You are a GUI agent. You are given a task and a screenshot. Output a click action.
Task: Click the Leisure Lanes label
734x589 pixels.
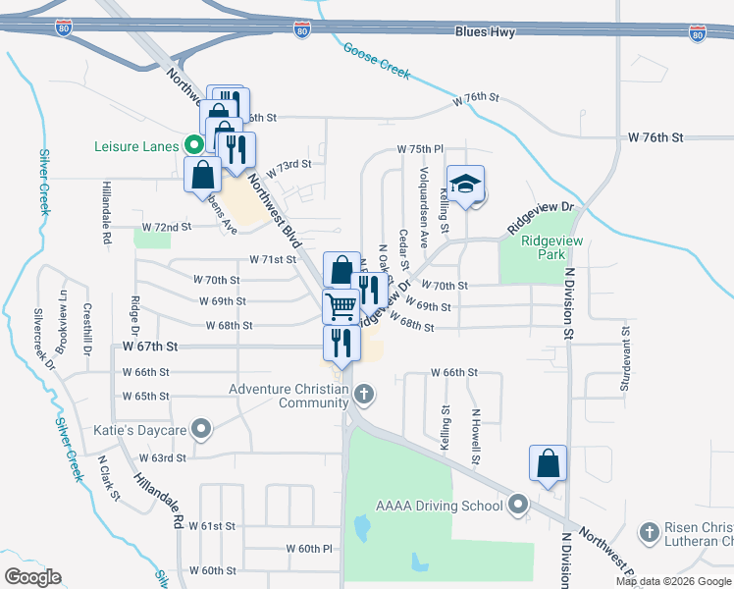(136, 146)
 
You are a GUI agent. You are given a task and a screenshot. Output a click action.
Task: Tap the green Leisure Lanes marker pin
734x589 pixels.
(194, 146)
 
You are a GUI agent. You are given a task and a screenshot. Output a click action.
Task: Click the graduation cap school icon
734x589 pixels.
(466, 184)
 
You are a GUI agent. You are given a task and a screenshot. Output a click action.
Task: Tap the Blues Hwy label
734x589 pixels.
(485, 32)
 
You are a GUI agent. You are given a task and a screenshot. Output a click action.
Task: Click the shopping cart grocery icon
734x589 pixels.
(341, 305)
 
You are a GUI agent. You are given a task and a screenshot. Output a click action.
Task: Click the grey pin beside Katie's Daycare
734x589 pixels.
(202, 429)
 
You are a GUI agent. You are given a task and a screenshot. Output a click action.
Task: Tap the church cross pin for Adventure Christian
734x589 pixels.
(364, 396)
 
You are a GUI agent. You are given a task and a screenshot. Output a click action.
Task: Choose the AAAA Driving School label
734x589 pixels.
(440, 507)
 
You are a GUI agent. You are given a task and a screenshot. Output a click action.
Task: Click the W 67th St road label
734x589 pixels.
(150, 347)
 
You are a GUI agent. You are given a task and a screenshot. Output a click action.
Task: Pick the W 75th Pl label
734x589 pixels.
(420, 148)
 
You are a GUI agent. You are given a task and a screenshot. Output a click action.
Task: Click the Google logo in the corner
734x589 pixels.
(32, 576)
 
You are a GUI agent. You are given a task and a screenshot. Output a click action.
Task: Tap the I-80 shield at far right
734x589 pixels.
(697, 34)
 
